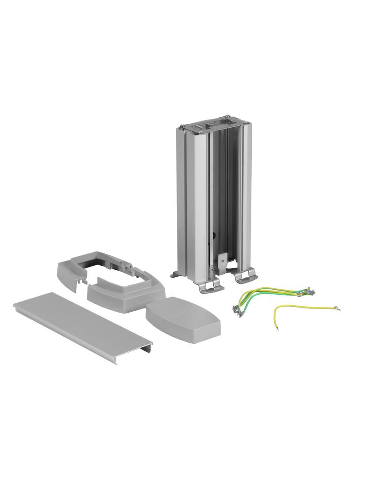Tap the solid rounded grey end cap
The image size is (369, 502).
coord(184,320)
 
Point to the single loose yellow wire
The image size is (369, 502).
coord(301,308)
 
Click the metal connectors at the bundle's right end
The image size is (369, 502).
coord(308,292)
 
